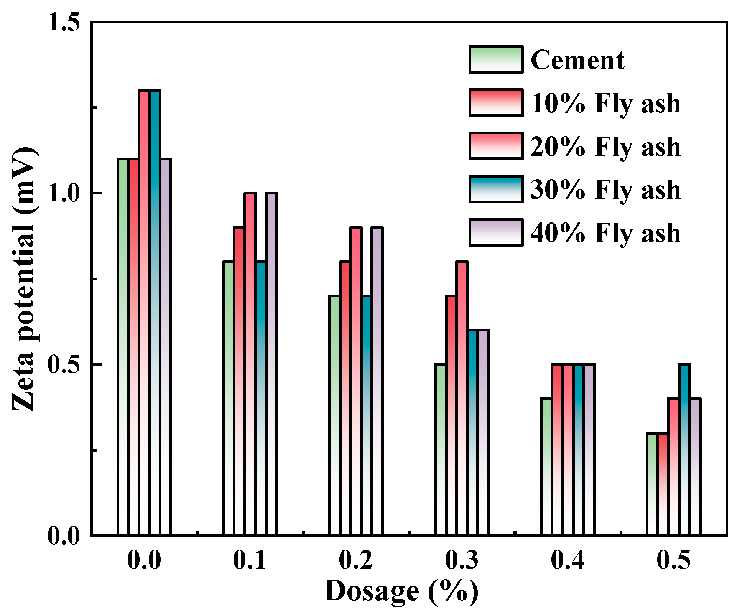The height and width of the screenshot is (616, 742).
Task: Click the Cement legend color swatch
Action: pyautogui.click(x=495, y=60)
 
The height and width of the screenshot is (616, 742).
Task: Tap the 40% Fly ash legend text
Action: pyautogui.click(x=605, y=233)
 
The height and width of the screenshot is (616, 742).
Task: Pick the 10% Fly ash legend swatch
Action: pyautogui.click(x=495, y=103)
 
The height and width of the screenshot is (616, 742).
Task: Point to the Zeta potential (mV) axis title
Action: pyautogui.click(x=25, y=279)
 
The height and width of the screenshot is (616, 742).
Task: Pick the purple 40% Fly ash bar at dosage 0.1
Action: pyautogui.click(x=271, y=364)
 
